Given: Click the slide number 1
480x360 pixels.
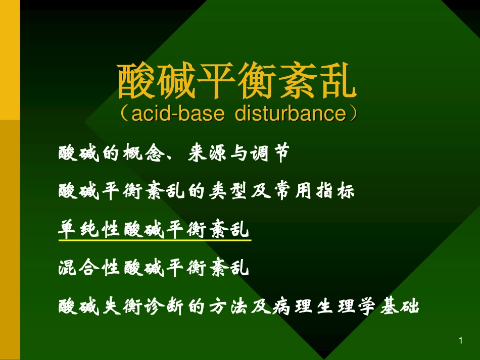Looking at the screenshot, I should click(460, 341).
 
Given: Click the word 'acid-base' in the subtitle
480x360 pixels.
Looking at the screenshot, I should click(177, 114).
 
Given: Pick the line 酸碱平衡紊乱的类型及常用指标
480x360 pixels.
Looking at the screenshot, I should click(207, 191).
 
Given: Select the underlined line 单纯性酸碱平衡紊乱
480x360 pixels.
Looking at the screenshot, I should click(155, 230).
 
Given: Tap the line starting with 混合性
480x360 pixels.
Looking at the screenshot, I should click(155, 268).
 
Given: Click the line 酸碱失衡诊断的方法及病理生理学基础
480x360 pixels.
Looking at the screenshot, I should click(239, 306).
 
